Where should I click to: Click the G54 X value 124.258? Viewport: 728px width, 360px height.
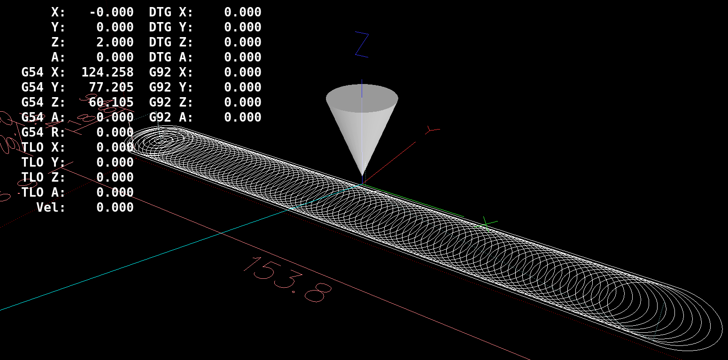click(107, 72)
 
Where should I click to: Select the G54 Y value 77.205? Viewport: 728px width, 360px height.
click(111, 87)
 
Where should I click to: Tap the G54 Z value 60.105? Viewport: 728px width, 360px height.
click(111, 102)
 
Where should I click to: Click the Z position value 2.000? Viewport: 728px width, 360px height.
click(115, 42)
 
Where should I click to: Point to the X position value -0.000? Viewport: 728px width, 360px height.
click(111, 12)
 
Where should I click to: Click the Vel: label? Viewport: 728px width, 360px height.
click(51, 207)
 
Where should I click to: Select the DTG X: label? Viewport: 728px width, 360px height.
click(171, 12)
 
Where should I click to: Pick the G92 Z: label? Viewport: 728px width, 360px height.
click(171, 102)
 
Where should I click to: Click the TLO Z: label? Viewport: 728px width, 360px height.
click(43, 177)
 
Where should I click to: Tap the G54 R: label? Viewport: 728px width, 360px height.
click(43, 132)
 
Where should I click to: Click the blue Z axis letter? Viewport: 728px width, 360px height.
click(362, 45)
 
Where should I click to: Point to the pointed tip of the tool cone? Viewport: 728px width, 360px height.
click(362, 175)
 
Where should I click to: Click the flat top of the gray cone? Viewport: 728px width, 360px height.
click(362, 98)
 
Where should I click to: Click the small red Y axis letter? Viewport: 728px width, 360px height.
click(431, 129)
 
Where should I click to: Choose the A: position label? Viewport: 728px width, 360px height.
click(58, 57)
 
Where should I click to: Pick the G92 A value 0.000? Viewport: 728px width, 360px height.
click(242, 117)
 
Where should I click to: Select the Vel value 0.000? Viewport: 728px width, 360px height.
click(115, 207)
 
